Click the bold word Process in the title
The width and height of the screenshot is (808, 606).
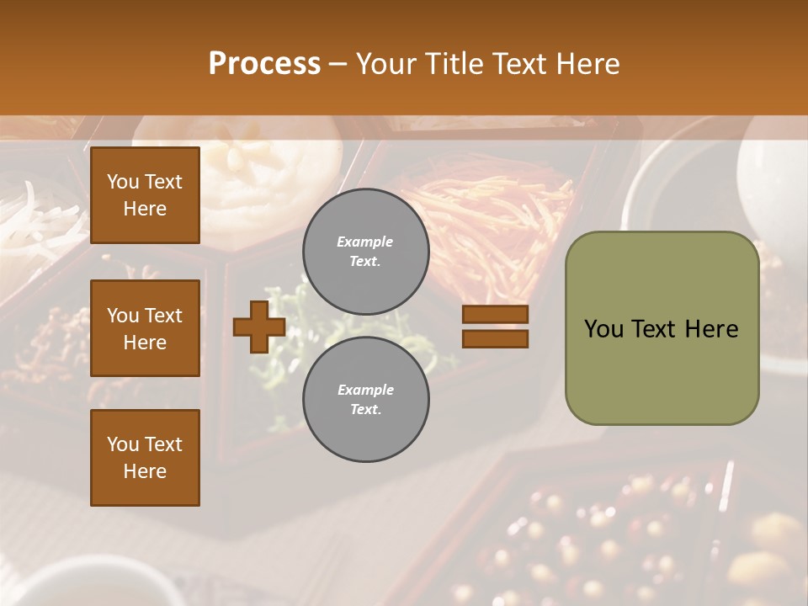click(264, 64)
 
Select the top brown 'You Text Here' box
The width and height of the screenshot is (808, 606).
click(145, 195)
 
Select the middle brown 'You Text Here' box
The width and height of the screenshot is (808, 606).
click(145, 328)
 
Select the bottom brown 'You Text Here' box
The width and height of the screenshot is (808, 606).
click(145, 458)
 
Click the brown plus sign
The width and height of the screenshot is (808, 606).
click(259, 327)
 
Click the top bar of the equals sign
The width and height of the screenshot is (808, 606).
click(495, 314)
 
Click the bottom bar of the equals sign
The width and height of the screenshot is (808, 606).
click(495, 338)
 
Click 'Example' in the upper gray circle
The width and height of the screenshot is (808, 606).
click(365, 242)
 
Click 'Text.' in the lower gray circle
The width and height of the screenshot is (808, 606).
click(365, 410)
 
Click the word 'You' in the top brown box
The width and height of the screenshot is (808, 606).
click(123, 182)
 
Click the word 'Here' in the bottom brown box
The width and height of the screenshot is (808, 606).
click(145, 471)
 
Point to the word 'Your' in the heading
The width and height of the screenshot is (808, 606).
click(385, 64)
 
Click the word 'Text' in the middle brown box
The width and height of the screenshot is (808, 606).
click(163, 316)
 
